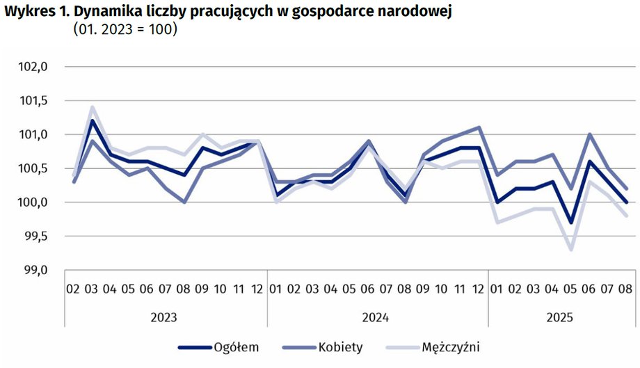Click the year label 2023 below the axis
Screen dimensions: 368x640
click(164, 317)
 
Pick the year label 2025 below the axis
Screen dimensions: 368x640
click(559, 317)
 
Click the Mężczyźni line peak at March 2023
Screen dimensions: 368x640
click(92, 107)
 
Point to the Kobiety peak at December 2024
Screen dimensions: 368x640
click(479, 127)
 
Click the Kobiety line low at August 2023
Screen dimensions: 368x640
click(184, 202)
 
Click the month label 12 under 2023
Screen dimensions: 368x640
click(256, 289)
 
